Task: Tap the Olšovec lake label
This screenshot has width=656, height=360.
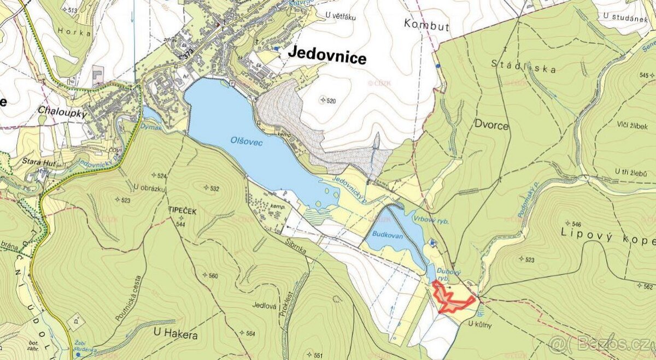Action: (246, 142)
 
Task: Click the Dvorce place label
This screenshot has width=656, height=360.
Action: (491, 126)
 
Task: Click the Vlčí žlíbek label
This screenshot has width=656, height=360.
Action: (631, 126)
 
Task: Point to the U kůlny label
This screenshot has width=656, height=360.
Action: (480, 324)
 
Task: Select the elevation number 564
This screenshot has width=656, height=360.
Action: (250, 333)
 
